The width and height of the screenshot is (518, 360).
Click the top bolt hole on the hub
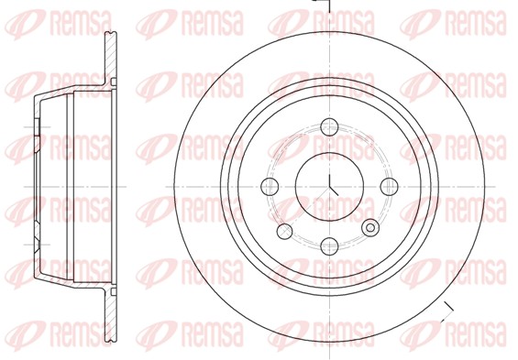329,127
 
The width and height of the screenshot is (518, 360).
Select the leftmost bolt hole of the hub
270,187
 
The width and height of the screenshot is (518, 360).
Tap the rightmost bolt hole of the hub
389,187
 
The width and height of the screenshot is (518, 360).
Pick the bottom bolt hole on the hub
329,246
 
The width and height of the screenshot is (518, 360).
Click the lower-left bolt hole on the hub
284,230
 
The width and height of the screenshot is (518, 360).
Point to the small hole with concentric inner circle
370,228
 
